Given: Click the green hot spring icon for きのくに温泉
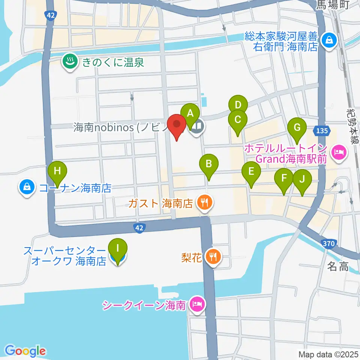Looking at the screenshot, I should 69,62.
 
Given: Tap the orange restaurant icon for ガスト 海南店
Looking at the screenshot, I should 204,203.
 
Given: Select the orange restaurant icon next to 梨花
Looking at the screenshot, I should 214,257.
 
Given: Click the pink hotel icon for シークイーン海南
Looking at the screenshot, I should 196,304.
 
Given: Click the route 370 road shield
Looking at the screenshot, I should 328,243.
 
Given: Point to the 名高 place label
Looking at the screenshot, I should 338,267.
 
